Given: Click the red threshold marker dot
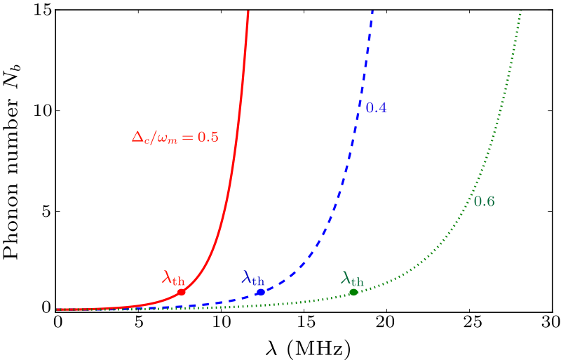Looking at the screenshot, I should [182, 292].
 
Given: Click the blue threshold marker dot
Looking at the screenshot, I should [261, 292].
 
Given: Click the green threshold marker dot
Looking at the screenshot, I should [353, 292].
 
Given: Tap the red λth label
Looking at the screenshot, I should [173, 278].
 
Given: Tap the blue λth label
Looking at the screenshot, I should [252, 278].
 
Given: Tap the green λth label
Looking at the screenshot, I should [353, 278].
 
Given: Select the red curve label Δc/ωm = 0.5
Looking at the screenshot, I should [175, 138].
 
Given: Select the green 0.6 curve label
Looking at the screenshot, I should [485, 201].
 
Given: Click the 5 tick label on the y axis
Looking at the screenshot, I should [46, 211].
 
